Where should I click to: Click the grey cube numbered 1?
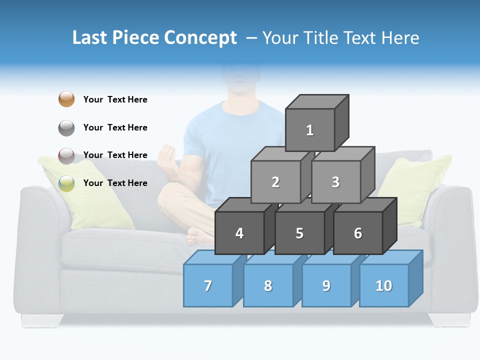click(x=310, y=130)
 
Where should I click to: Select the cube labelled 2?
click(x=275, y=182)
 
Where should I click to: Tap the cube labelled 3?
click(x=335, y=182)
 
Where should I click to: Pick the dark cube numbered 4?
click(x=239, y=233)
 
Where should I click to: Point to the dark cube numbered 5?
click(x=299, y=233)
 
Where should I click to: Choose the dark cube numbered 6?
click(x=358, y=233)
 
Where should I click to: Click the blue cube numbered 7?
click(x=208, y=285)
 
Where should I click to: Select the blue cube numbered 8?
click(x=268, y=285)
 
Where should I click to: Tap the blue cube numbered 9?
click(x=326, y=285)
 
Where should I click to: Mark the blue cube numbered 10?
click(x=384, y=285)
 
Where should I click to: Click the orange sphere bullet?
click(x=66, y=99)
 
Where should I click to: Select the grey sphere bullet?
click(x=66, y=127)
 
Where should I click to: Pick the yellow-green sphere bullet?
click(x=66, y=183)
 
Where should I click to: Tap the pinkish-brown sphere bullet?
click(x=66, y=155)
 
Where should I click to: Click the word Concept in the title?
click(x=200, y=38)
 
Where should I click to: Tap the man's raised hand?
click(x=168, y=157)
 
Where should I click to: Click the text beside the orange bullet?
click(x=115, y=99)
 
